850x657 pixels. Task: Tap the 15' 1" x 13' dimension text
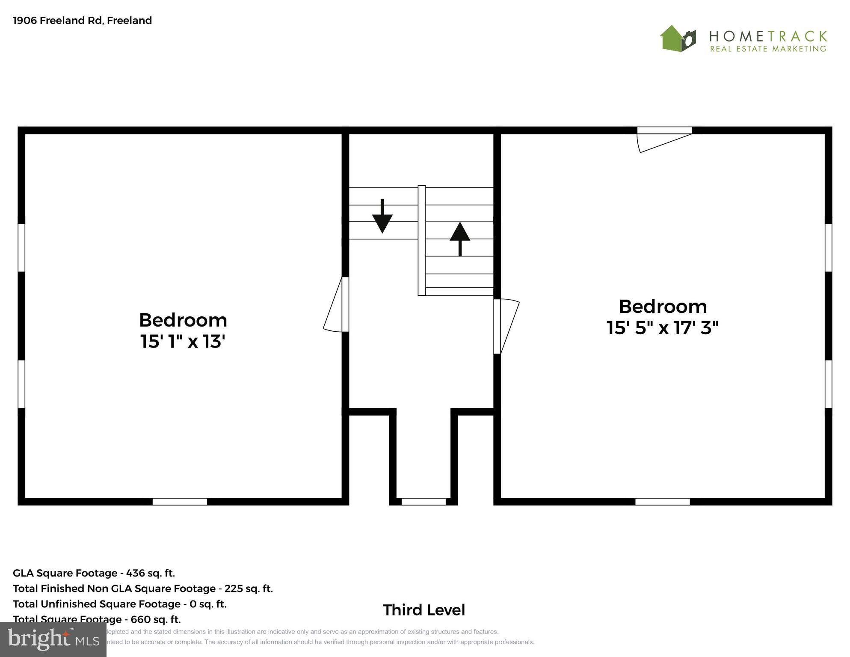pyautogui.click(x=183, y=342)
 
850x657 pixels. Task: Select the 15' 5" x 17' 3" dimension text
pyautogui.click(x=662, y=328)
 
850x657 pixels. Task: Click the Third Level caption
pyautogui.click(x=424, y=610)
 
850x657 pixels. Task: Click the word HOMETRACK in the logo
pyautogui.click(x=768, y=36)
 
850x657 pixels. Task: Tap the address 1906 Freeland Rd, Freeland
pyautogui.click(x=83, y=21)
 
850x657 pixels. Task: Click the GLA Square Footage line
pyautogui.click(x=94, y=573)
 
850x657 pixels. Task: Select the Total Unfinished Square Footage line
pyautogui.click(x=120, y=603)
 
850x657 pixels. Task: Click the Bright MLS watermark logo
pyautogui.click(x=53, y=639)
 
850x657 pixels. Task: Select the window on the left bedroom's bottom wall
pyautogui.click(x=180, y=502)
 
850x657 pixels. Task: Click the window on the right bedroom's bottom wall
pyautogui.click(x=662, y=502)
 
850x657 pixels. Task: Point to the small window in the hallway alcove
pyautogui.click(x=424, y=502)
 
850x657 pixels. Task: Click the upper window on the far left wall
pyautogui.click(x=21, y=247)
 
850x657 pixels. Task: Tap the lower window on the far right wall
pyautogui.click(x=828, y=384)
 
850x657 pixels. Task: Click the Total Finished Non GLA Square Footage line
pyautogui.click(x=143, y=588)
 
